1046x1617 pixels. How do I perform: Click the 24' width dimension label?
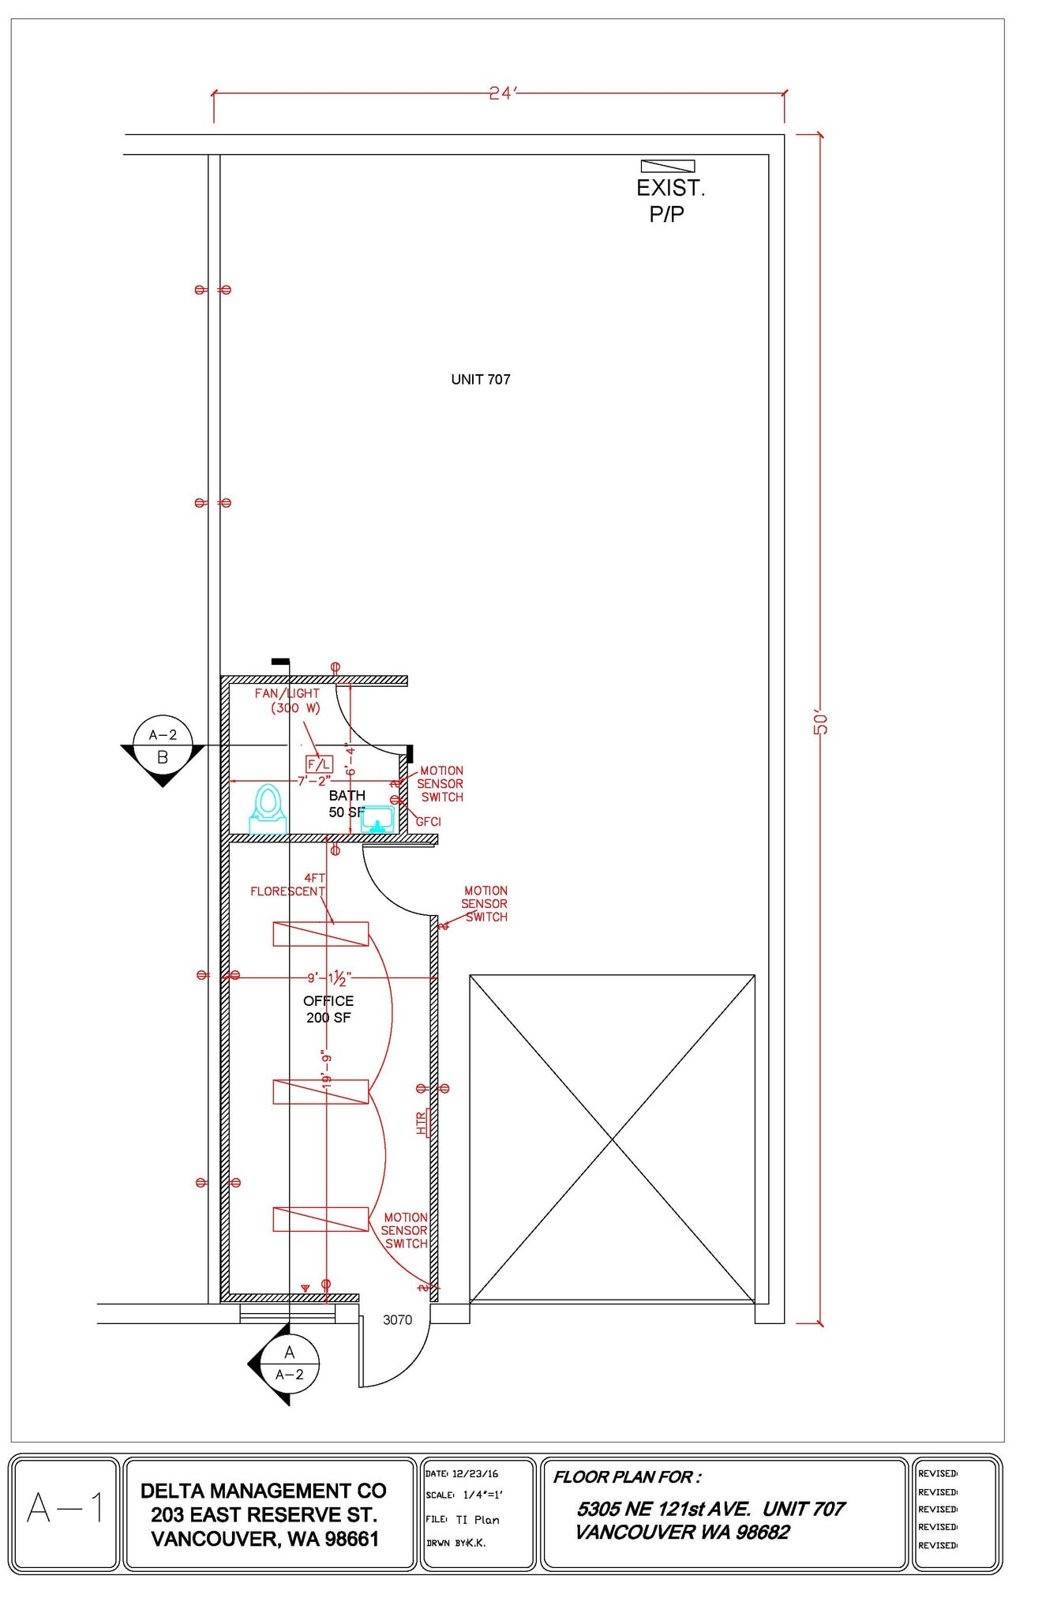pos(501,93)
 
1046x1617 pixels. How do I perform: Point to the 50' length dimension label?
pos(821,723)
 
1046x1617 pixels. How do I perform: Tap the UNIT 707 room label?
pos(480,380)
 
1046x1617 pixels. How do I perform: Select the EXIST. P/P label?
pos(670,201)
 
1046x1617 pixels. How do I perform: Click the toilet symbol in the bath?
pos(268,808)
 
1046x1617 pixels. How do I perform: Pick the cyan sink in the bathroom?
pos(377,819)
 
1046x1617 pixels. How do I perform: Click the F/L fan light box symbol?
pos(319,764)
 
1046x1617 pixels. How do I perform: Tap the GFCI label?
pos(428,822)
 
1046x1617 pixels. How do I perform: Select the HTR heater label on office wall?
pos(422,1123)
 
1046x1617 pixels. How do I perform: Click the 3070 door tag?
pos(397,1319)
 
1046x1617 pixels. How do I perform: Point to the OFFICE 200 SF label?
pos(328,1009)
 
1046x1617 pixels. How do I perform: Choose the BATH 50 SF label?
pos(347,804)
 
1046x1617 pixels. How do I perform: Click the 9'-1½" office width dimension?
pos(328,978)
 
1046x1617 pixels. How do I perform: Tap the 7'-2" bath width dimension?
pos(313,781)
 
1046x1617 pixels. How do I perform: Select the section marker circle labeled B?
pos(163,746)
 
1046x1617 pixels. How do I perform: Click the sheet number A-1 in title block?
pos(65,1509)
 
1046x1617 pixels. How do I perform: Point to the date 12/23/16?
pos(474,1473)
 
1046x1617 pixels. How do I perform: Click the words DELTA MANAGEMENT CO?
pos(264,1491)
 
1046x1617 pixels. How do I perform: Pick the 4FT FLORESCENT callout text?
pos(288,884)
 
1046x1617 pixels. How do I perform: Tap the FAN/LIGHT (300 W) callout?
pos(287,700)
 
